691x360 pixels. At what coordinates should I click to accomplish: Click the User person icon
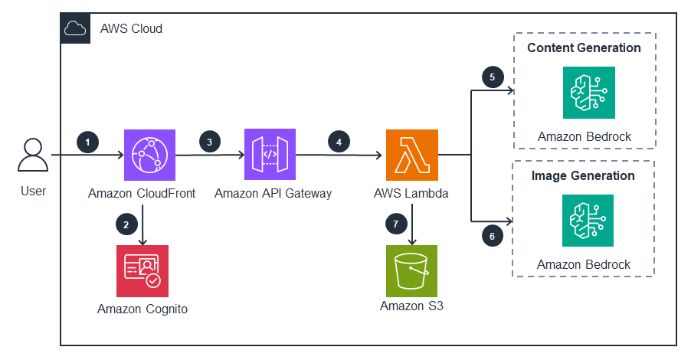(x=33, y=155)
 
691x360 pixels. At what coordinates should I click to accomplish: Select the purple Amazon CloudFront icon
(x=150, y=155)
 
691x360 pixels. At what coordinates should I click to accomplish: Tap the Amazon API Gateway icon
(x=270, y=155)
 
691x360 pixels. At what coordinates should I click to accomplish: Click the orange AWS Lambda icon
(x=412, y=155)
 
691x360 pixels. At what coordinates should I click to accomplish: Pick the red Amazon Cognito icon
(x=142, y=271)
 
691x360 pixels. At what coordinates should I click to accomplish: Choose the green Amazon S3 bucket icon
(x=411, y=271)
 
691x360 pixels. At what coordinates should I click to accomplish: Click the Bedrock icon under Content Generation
(x=589, y=93)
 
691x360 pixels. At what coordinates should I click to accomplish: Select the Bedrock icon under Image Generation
(x=588, y=221)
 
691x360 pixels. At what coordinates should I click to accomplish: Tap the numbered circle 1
(x=87, y=142)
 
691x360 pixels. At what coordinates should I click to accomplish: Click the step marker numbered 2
(x=126, y=224)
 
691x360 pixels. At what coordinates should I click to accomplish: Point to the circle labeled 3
(x=210, y=142)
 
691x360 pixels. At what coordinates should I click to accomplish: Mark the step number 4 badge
(x=339, y=142)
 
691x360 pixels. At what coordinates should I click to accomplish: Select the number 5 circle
(x=493, y=77)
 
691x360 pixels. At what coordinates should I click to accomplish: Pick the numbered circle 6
(x=493, y=236)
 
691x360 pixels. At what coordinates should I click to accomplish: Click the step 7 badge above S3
(x=396, y=224)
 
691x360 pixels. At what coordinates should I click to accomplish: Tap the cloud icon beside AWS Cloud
(x=75, y=28)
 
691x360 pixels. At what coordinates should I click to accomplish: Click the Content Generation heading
(x=584, y=47)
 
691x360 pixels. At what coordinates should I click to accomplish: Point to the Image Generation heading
(x=583, y=175)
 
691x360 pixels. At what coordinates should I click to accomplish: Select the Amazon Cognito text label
(x=142, y=309)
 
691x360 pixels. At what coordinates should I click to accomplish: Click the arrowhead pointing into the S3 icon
(x=412, y=241)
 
